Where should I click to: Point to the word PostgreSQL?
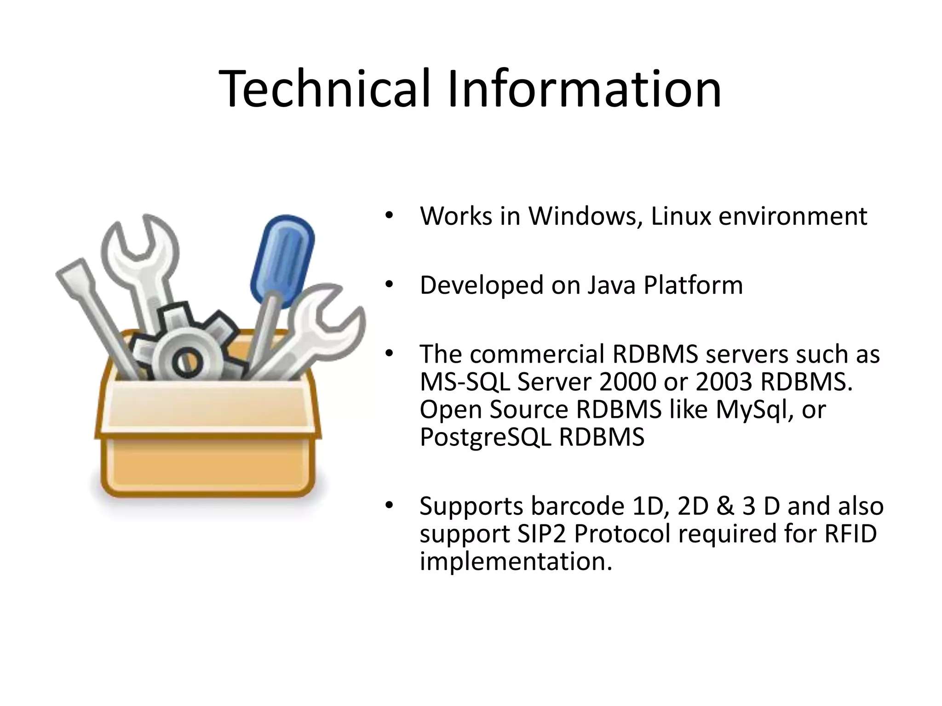485,438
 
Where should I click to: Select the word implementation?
516,561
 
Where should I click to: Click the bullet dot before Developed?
389,285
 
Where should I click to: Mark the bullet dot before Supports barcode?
389,506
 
